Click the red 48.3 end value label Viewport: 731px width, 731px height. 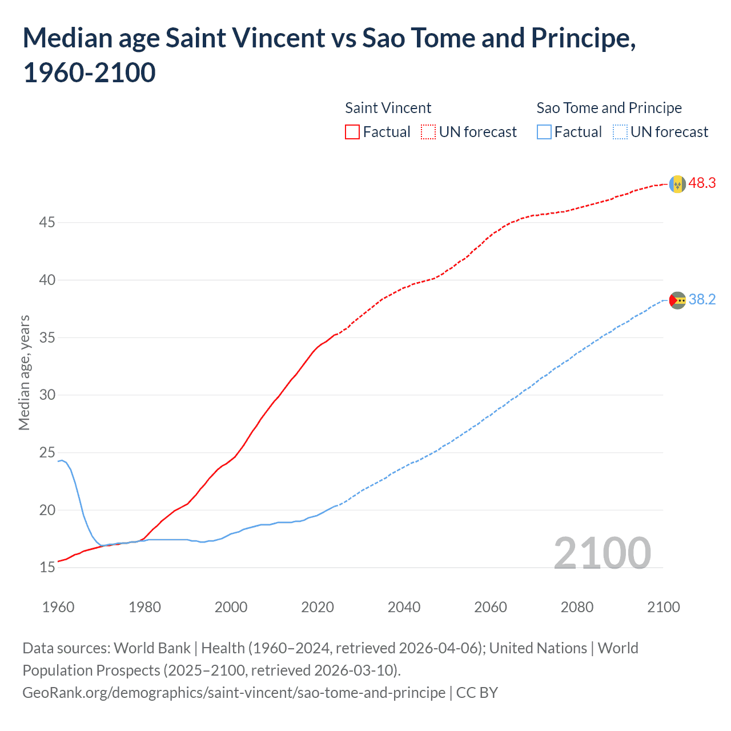(x=702, y=183)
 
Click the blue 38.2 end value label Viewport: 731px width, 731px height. (x=702, y=299)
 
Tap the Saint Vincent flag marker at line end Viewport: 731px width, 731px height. (x=677, y=184)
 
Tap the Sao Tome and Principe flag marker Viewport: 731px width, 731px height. (x=677, y=300)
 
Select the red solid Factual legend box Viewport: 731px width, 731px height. (x=352, y=132)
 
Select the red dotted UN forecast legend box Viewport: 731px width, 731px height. (x=428, y=132)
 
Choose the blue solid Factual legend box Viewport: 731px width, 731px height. (x=544, y=132)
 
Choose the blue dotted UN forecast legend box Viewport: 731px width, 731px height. (x=620, y=132)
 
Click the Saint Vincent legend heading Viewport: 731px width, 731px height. (x=388, y=108)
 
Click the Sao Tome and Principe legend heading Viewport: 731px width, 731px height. (x=609, y=108)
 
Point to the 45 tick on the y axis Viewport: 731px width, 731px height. (x=47, y=222)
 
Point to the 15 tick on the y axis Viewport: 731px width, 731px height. (x=47, y=567)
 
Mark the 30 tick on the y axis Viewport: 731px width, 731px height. (x=47, y=395)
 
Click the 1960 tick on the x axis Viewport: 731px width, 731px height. (x=58, y=607)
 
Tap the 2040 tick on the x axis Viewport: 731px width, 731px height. (x=404, y=607)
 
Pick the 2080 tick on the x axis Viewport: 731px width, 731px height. (x=577, y=607)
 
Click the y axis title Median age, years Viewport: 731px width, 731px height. (x=24, y=372)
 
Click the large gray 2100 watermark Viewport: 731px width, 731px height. (x=602, y=553)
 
